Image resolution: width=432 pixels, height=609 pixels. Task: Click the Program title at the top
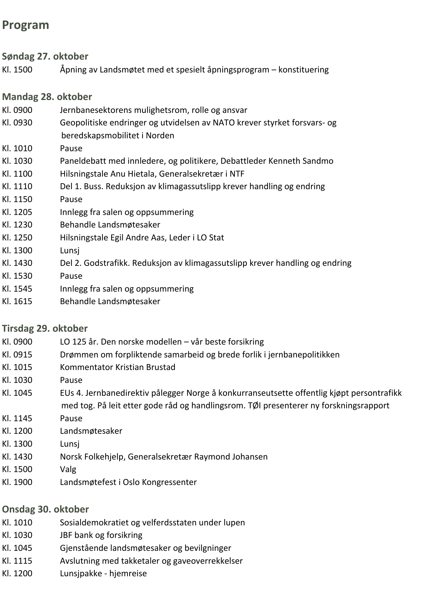click(x=25, y=25)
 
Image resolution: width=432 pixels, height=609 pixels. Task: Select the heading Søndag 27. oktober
click(x=45, y=56)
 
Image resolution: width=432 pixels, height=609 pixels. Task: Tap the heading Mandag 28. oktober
click(x=47, y=97)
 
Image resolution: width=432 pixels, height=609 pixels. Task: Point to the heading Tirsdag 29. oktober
click(x=45, y=328)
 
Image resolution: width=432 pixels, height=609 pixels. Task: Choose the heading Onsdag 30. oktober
click(x=45, y=509)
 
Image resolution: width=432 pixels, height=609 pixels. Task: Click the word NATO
click(x=224, y=123)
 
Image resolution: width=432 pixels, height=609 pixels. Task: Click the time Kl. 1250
click(x=17, y=238)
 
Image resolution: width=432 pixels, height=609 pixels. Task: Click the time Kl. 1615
click(x=17, y=301)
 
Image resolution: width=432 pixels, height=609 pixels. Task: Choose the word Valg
click(x=68, y=469)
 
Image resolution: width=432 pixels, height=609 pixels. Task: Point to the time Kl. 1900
click(x=17, y=482)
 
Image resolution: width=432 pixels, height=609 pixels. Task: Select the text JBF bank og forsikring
click(x=101, y=535)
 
